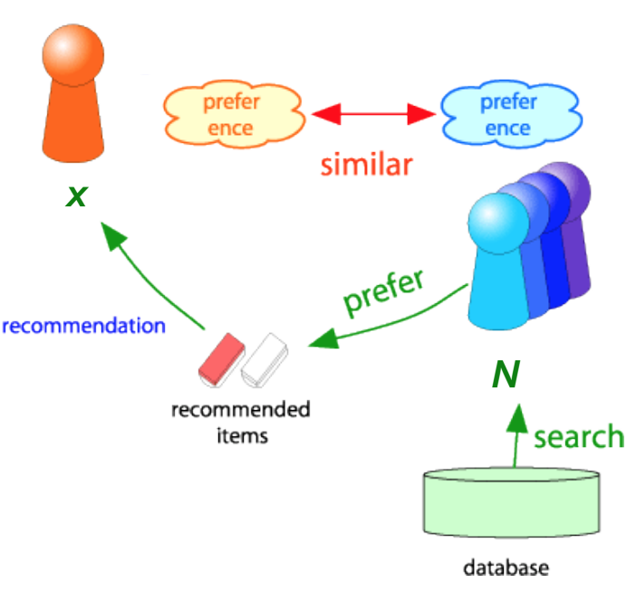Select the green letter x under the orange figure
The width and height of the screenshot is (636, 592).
click(x=76, y=195)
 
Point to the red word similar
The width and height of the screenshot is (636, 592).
click(x=367, y=165)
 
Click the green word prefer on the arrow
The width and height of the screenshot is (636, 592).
click(x=384, y=291)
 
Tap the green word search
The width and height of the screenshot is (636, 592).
click(x=579, y=436)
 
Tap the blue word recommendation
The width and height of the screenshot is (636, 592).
click(x=84, y=325)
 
